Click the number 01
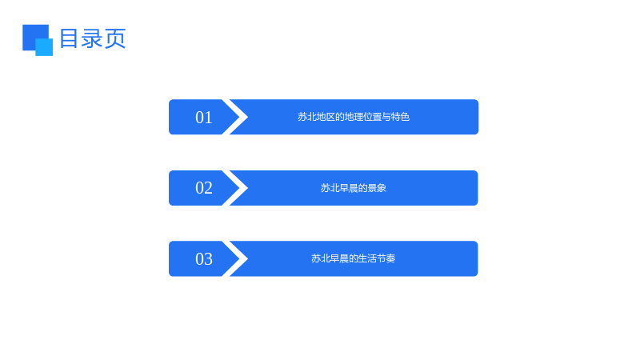click(204, 118)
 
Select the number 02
click(204, 188)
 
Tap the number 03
click(204, 258)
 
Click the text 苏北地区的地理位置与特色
click(354, 117)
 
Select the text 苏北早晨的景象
click(354, 188)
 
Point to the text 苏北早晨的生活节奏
click(354, 258)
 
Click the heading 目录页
click(93, 38)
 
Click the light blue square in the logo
click(45, 47)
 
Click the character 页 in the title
click(115, 38)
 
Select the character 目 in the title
click(69, 38)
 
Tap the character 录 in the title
click(92, 38)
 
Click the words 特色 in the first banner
click(401, 117)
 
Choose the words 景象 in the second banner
click(377, 188)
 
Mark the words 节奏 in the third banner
click(386, 258)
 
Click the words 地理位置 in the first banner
click(363, 117)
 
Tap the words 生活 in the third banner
click(367, 258)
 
